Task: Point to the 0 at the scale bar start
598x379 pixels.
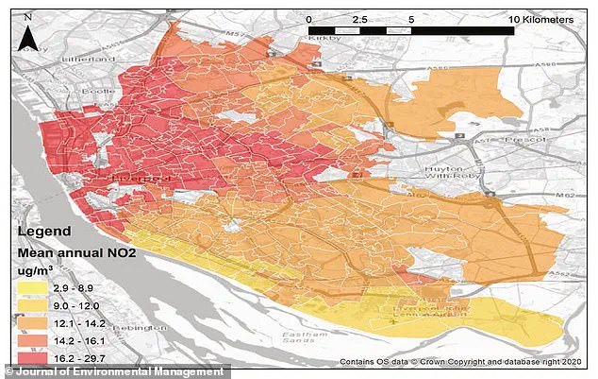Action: [309, 19]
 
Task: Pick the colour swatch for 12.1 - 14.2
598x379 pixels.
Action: [34, 324]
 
